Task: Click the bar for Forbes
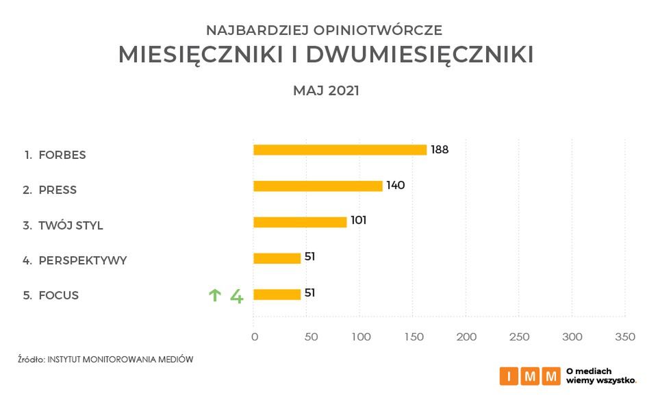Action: (340, 150)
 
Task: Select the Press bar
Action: (318, 186)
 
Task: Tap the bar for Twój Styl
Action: (300, 222)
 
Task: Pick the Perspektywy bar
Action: (277, 258)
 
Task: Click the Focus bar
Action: (277, 295)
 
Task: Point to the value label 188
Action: (440, 149)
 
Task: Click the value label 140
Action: (396, 185)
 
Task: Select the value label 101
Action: (359, 221)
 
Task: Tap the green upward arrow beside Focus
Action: (215, 295)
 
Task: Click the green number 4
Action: (236, 296)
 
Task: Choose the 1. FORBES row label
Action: (55, 155)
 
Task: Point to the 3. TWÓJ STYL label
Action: (63, 225)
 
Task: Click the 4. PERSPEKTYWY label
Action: (75, 260)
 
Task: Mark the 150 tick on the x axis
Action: (413, 337)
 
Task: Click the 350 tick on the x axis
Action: (625, 337)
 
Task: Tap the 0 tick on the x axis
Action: (255, 337)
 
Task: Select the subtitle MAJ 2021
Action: (326, 90)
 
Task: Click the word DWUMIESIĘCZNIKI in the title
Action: (419, 55)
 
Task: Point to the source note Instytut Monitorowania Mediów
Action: (120, 359)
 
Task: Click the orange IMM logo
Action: (530, 375)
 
